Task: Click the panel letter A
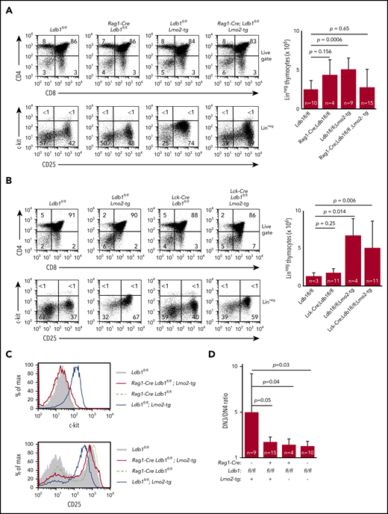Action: [6, 5]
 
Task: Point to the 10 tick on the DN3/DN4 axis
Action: [234, 366]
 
